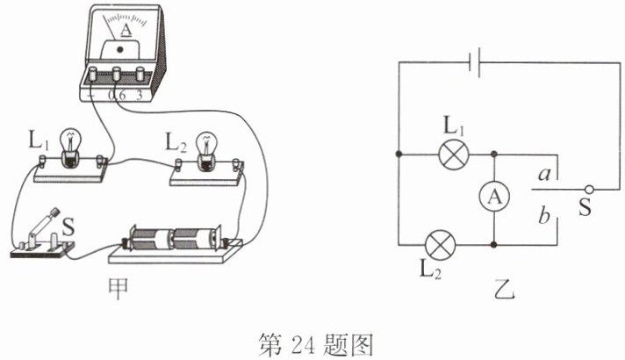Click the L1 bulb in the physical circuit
[x=70, y=146]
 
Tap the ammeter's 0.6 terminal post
[x=117, y=74]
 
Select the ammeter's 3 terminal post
[x=140, y=74]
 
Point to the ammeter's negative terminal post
[x=93, y=74]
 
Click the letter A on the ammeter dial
[x=126, y=30]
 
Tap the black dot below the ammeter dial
[x=120, y=50]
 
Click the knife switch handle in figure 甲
[x=45, y=222]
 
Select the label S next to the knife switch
[x=68, y=227]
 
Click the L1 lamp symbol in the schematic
[x=454, y=155]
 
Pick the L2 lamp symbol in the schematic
[x=440, y=244]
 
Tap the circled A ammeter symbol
[x=494, y=197]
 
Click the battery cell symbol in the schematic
[x=474, y=62]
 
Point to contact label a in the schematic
[x=544, y=174]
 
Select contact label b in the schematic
[x=544, y=215]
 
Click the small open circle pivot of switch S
[x=589, y=190]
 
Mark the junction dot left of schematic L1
[x=399, y=155]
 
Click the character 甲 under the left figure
[x=119, y=290]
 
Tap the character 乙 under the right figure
[x=504, y=290]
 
